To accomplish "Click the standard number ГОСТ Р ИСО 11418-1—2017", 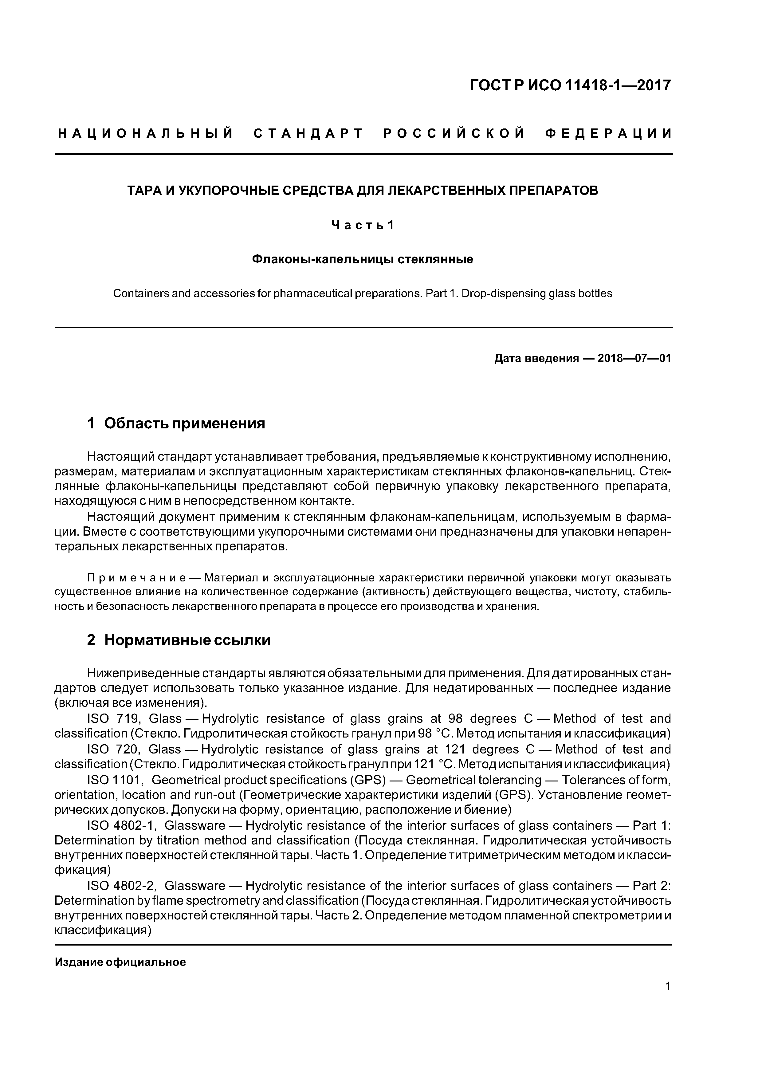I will coord(571,85).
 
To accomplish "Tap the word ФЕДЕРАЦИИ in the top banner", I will coord(608,134).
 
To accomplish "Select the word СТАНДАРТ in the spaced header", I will coord(308,134).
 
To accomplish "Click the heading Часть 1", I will coord(363,225).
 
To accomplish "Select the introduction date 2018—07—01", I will coord(634,359).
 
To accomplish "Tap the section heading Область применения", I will coord(185,423).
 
